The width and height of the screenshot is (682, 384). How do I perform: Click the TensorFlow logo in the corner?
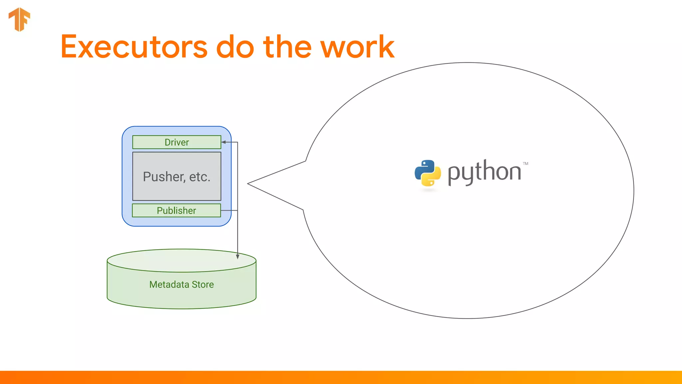tap(19, 19)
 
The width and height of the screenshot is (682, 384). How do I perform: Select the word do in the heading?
tap(235, 47)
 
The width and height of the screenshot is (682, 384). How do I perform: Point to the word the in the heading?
tap(287, 47)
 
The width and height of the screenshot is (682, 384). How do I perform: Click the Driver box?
tap(176, 142)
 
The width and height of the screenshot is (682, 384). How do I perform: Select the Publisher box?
tap(176, 211)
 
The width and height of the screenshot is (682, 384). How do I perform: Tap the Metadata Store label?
tap(181, 284)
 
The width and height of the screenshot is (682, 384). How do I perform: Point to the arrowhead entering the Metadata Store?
tap(237, 256)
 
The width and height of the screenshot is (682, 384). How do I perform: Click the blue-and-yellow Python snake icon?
tap(428, 173)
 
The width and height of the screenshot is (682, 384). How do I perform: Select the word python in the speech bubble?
tap(485, 172)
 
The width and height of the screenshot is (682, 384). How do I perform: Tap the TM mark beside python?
tap(525, 164)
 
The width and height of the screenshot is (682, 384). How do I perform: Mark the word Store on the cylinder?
tap(202, 284)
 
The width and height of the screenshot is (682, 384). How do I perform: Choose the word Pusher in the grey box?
tap(164, 177)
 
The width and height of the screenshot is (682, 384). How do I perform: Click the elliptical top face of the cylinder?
tap(181, 260)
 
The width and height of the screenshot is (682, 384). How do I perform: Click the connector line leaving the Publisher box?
tap(229, 210)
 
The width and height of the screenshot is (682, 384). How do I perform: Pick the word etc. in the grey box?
tap(200, 177)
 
